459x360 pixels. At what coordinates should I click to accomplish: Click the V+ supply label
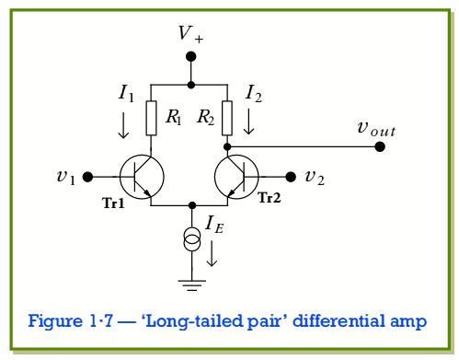click(x=191, y=35)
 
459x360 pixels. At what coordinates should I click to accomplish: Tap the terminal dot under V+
click(x=191, y=56)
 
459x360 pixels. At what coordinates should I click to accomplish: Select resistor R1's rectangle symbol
click(x=152, y=117)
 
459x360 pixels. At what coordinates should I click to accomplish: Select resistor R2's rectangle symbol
click(x=227, y=117)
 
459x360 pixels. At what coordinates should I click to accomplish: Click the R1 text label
click(x=173, y=117)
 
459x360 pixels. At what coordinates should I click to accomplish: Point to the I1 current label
click(x=126, y=92)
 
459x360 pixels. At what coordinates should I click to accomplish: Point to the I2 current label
click(x=253, y=92)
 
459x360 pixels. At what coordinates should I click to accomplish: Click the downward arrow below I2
click(x=248, y=122)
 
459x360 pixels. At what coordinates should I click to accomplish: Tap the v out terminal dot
click(x=380, y=146)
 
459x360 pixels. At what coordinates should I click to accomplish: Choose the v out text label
click(x=376, y=127)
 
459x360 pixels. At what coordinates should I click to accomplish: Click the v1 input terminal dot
click(x=87, y=176)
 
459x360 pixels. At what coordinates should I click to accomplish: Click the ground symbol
click(x=191, y=285)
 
